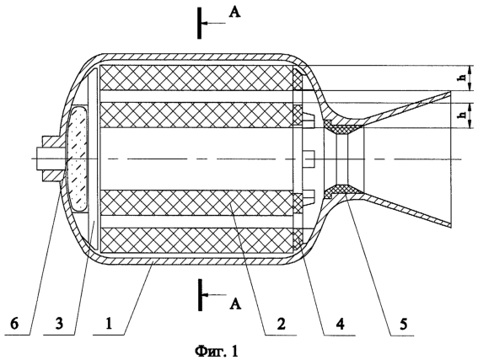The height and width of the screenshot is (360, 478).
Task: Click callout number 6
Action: pos(14,323)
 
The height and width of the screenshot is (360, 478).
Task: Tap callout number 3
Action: pos(59,323)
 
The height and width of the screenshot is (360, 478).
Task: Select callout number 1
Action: pos(109,323)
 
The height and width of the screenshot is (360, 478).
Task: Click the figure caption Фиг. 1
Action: pos(216,352)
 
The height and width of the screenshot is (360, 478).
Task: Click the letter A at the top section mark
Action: pos(234,12)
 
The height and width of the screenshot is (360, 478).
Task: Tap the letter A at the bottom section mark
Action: pos(235,304)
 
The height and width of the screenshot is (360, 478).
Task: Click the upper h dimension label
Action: pos(463,78)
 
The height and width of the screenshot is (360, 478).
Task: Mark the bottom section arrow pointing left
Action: pos(214,295)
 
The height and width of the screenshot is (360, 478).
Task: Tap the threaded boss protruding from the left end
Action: pos(50,159)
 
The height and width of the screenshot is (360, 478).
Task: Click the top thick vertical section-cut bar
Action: pos(199,24)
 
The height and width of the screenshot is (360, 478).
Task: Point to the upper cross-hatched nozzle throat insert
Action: pos(343,127)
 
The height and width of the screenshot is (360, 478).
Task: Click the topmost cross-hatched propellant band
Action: pos(196,78)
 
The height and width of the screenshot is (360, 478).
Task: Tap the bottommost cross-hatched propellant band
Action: pos(196,240)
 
